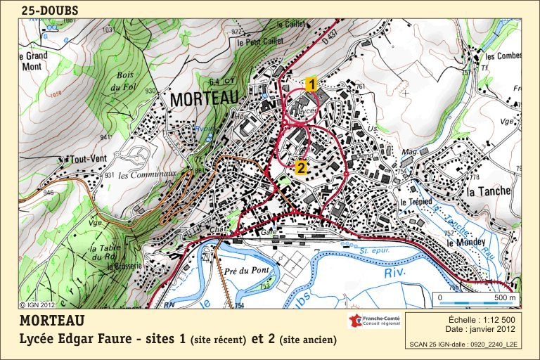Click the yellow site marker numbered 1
[311, 84]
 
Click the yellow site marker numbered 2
[300, 167]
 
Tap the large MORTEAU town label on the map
[204, 100]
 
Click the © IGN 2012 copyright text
[37, 305]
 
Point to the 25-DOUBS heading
[49, 10]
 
